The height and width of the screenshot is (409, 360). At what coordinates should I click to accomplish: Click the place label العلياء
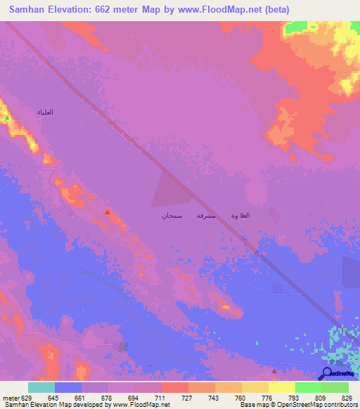coord(46,112)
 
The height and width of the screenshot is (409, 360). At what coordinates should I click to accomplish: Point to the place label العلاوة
coord(240,215)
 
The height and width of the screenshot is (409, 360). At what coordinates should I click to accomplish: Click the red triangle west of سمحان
coord(107,212)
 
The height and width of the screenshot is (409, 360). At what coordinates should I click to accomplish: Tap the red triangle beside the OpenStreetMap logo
coord(274,370)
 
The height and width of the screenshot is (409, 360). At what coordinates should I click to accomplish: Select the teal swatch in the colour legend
coord(41,387)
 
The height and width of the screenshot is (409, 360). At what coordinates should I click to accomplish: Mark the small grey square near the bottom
coord(124,346)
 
